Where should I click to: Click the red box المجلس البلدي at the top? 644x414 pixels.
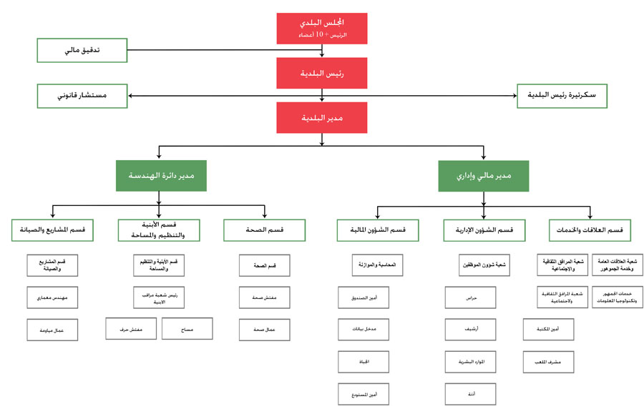(322, 27)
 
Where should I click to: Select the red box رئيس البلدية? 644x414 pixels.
(322, 72)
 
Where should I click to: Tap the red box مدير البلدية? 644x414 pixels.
(322, 117)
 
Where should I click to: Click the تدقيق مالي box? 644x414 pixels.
(82, 50)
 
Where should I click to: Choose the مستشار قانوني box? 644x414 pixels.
(82, 95)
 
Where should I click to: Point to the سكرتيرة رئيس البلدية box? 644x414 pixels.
(562, 95)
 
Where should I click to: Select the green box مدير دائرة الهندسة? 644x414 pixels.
(161, 175)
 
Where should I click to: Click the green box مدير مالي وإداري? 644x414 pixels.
(484, 175)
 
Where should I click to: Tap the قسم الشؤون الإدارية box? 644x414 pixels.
(484, 230)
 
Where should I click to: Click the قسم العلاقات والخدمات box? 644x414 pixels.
(590, 230)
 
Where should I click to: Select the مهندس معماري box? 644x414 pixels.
(53, 297)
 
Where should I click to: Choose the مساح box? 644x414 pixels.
(187, 328)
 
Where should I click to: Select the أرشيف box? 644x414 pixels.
(469, 329)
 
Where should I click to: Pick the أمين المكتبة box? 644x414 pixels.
(547, 329)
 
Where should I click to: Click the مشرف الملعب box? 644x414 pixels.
(547, 362)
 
